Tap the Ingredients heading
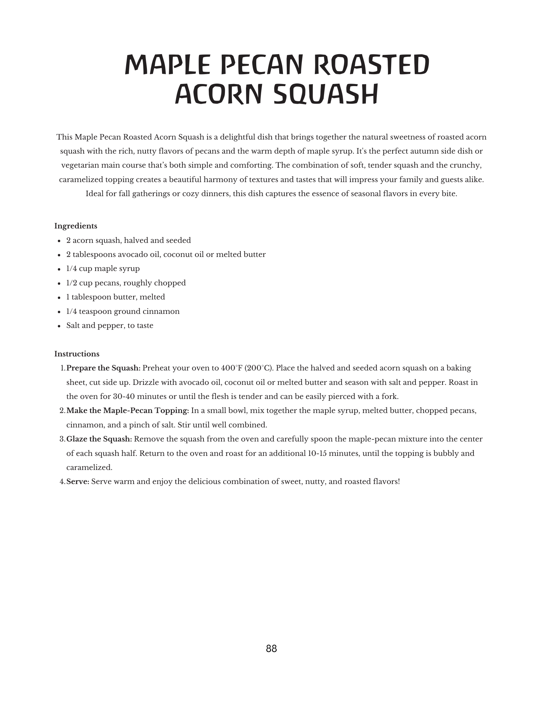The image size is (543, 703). [x=76, y=226]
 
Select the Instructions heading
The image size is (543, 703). [x=77, y=354]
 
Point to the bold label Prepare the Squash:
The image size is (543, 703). [x=103, y=368]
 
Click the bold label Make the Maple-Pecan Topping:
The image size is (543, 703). [x=128, y=411]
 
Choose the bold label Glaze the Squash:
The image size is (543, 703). [x=99, y=439]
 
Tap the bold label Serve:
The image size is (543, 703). [x=78, y=482]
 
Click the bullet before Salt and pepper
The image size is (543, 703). [x=59, y=326]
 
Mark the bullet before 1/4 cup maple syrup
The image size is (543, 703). [x=59, y=269]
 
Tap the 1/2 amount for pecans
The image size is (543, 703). [x=71, y=283]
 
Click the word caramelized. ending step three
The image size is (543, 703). [x=89, y=467]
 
